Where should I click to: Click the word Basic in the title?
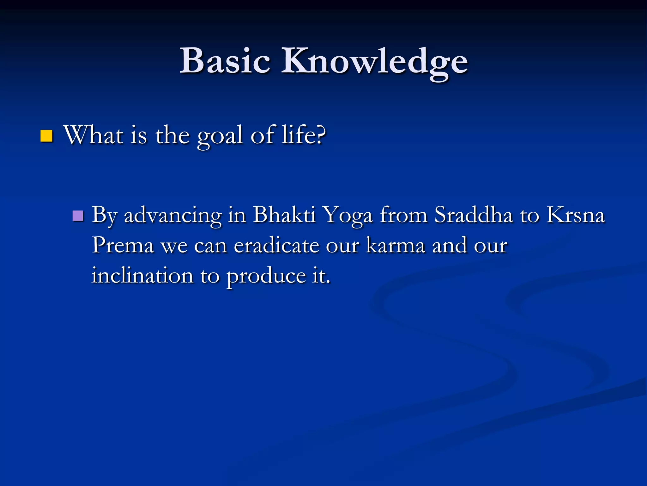225,61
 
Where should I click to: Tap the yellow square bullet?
46,136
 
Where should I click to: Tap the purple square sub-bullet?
78,216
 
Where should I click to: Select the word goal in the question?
220,136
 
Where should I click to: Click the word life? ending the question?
304,135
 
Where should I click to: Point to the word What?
94,135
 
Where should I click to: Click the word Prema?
123,246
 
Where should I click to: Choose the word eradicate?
276,246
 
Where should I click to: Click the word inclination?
142,275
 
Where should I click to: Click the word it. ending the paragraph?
321,275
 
